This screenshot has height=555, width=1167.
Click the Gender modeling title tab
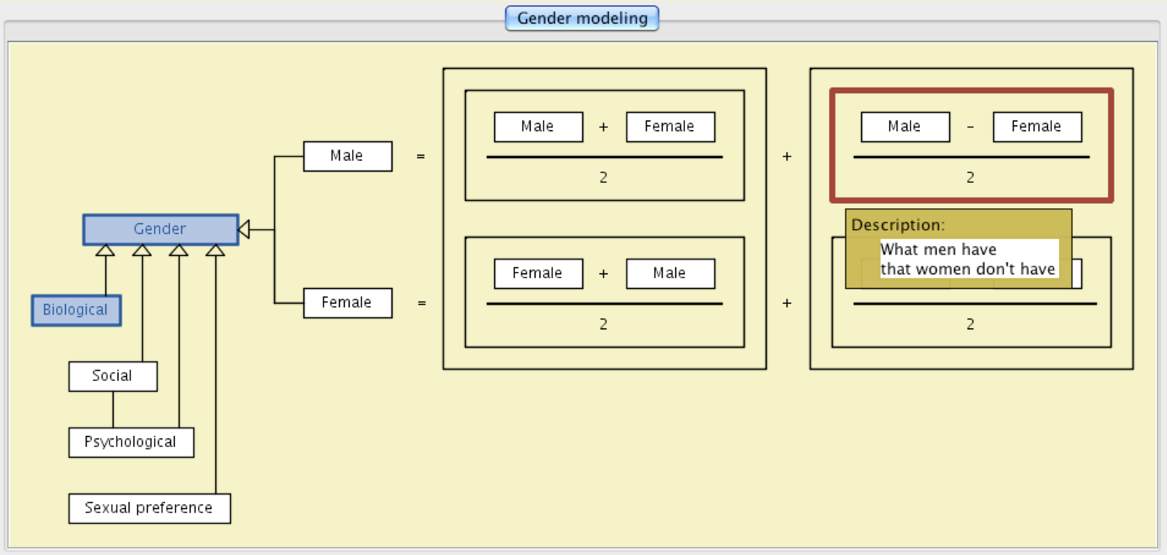[582, 18]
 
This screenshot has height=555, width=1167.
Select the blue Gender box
[160, 229]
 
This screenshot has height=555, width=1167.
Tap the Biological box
[76, 310]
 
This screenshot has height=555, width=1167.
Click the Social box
[112, 376]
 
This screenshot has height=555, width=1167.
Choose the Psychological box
[130, 442]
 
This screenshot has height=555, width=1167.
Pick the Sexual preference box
[149, 508]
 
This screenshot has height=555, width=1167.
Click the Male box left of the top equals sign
[347, 156]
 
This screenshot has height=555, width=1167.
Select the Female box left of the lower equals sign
[347, 303]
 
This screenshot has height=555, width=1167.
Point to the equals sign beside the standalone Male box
[421, 156]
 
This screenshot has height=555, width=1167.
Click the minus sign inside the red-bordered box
[970, 127]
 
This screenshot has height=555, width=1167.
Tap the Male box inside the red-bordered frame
[905, 127]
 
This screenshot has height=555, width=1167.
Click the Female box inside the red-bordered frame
[1037, 127]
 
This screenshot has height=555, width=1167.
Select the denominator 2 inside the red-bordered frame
[970, 178]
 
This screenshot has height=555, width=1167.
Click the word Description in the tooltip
[897, 225]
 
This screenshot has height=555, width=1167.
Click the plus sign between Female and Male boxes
[603, 274]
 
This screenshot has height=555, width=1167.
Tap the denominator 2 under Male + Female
[603, 178]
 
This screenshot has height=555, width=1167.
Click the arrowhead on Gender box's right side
[244, 229]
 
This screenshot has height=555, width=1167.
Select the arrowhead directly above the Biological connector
[106, 250]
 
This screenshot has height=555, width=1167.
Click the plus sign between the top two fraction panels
[787, 156]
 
